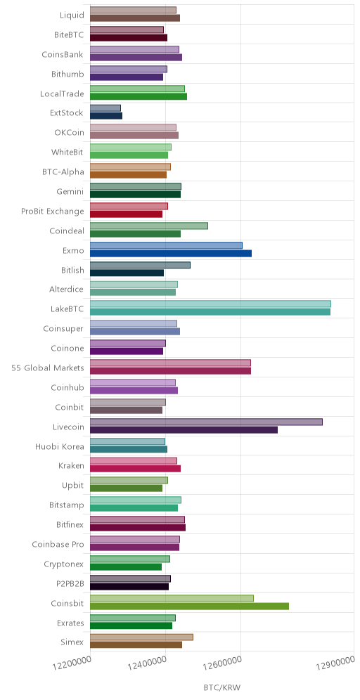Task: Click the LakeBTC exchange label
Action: point(67,309)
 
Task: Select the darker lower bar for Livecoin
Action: point(184,430)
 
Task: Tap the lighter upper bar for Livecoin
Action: point(206,422)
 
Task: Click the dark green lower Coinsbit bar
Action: point(189,607)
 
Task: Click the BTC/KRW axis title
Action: point(222,687)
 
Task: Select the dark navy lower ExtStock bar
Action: point(106,116)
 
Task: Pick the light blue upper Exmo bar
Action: point(166,245)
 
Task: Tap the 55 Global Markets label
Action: point(48,368)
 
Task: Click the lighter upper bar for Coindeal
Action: point(149,226)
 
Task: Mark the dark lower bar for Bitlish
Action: point(127,273)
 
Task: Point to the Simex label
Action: point(72,642)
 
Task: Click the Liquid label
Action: point(72,15)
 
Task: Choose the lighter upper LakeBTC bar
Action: point(210,304)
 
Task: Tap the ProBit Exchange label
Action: point(53,211)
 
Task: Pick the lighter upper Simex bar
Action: point(141,637)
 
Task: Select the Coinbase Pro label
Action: point(58,545)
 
